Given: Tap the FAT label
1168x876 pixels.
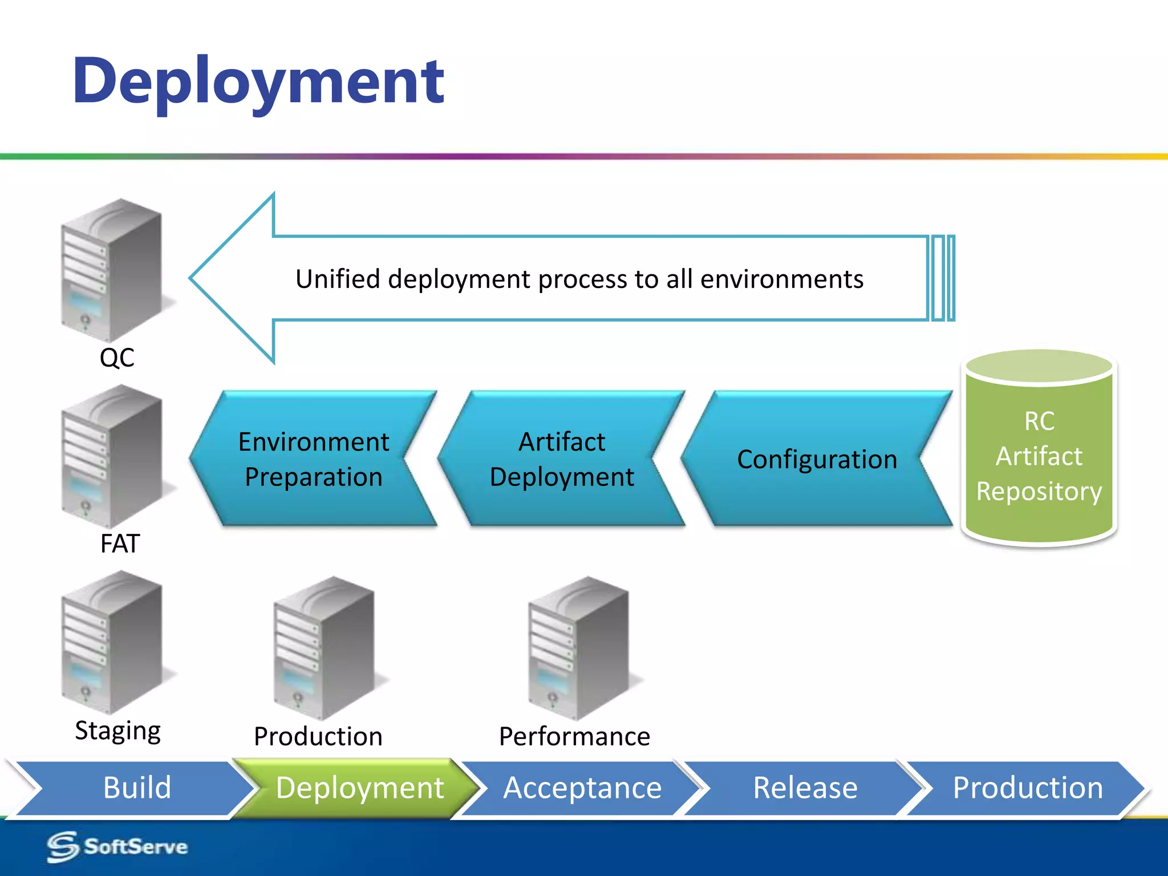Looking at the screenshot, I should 120,544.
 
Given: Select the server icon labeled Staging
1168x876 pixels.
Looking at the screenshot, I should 112,642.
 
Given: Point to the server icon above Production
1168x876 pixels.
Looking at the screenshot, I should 324,647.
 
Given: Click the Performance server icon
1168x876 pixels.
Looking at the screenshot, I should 578,647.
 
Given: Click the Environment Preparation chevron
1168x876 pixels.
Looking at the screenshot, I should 313,459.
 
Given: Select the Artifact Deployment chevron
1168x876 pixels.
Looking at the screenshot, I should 561,459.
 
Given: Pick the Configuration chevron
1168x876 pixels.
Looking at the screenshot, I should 817,459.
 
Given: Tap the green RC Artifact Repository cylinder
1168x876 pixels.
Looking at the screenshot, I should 1039,451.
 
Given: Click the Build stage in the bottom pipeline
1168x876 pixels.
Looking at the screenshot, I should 137,788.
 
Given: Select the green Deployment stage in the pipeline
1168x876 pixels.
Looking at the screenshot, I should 359,788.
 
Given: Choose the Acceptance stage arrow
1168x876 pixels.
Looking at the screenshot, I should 582,788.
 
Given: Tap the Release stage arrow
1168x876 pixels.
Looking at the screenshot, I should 805,788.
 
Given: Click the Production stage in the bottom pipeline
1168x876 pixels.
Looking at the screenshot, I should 1028,788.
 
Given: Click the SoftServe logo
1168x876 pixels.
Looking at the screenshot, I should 117,847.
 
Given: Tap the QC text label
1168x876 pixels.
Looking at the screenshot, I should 117,358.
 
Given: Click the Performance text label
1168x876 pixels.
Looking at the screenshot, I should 574,736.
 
